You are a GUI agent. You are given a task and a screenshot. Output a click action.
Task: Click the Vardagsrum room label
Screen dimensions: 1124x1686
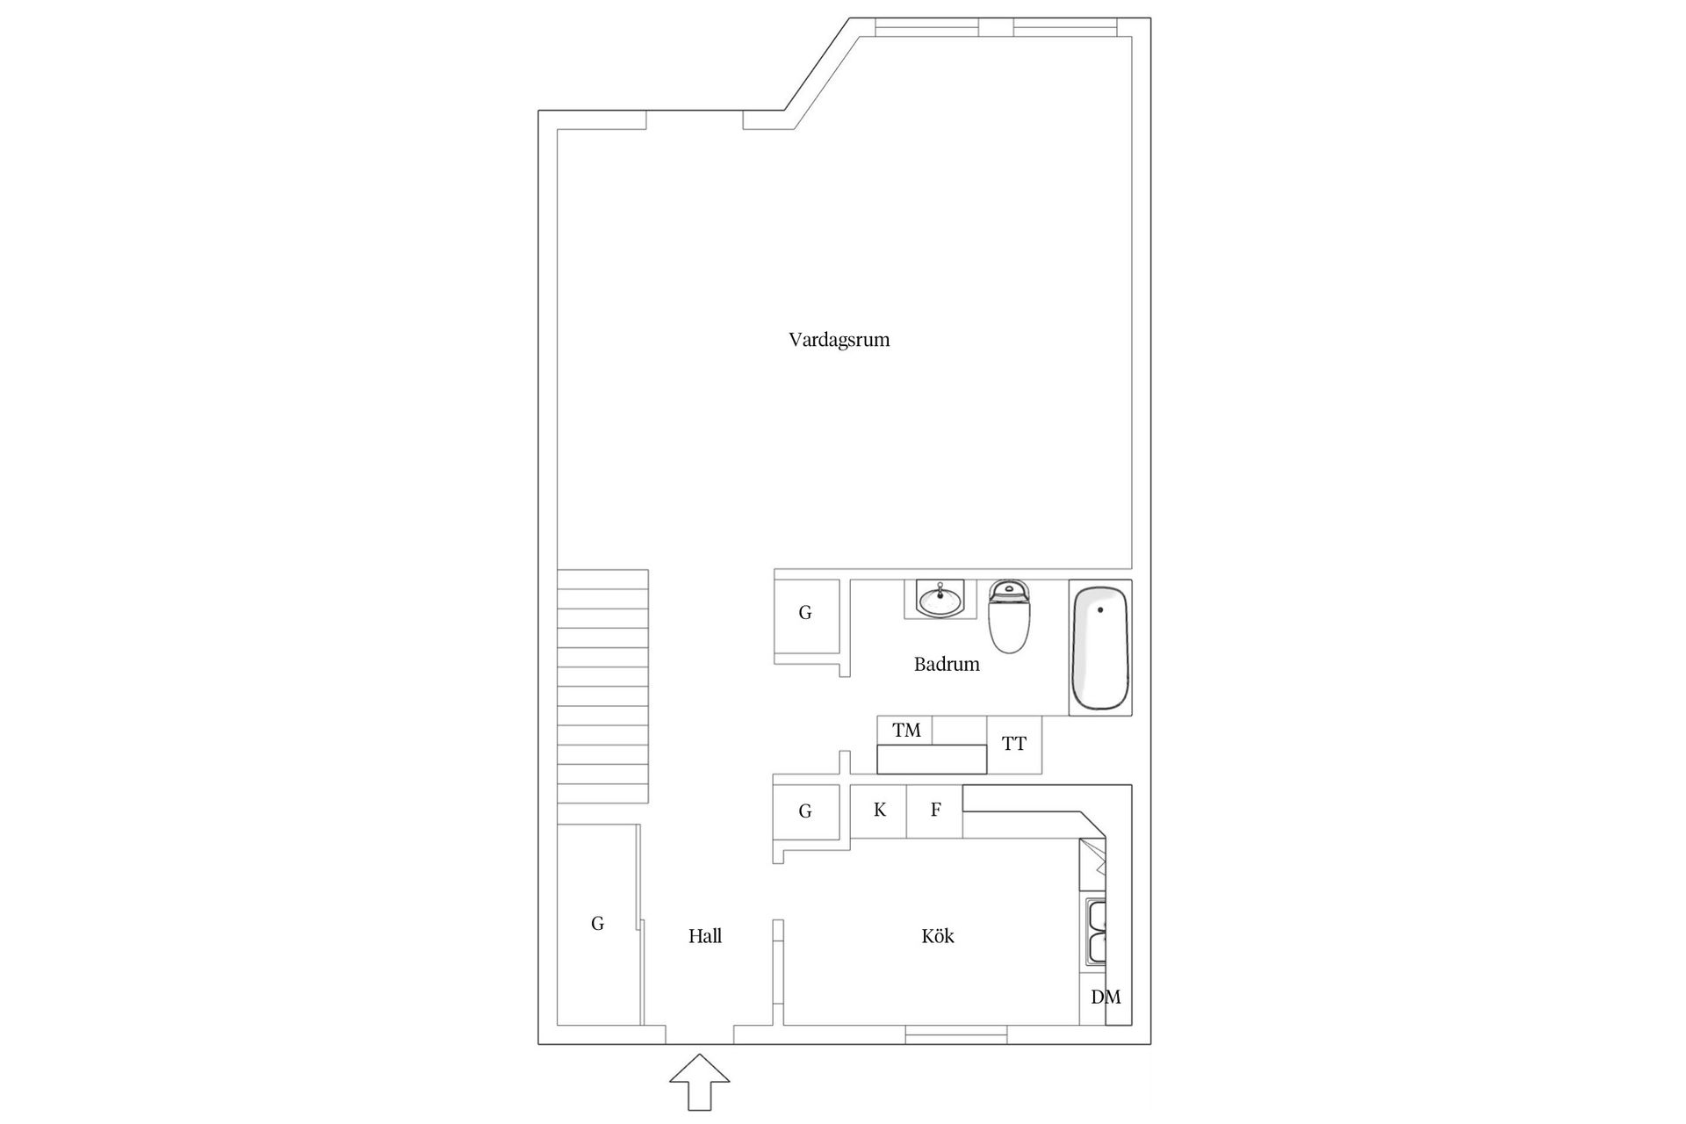[x=839, y=340]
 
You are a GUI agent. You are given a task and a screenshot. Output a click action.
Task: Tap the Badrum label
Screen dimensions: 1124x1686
[x=946, y=664]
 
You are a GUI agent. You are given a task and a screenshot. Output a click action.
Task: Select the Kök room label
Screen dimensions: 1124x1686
[x=937, y=936]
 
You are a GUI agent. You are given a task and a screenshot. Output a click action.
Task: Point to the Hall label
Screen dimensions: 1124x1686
[x=705, y=936]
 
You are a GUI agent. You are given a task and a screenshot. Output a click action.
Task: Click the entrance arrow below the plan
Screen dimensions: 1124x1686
[x=699, y=1081]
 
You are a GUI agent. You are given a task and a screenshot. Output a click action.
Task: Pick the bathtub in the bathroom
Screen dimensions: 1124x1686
[x=1099, y=648]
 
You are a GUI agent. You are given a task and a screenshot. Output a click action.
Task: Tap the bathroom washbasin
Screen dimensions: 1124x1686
[x=940, y=600]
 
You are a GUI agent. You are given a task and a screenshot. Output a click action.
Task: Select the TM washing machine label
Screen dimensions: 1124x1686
[x=906, y=730]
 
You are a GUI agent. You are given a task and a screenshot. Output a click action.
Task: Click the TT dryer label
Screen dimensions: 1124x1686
[x=1013, y=745]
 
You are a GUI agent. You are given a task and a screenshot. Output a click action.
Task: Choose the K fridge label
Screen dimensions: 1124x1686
[x=879, y=811]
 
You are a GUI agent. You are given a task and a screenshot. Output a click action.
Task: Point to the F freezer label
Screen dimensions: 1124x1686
[x=935, y=811]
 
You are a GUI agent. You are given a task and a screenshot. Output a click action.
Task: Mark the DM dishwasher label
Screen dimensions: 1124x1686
[x=1105, y=997]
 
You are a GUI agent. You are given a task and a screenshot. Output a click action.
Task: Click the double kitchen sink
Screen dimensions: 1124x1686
[x=1097, y=932]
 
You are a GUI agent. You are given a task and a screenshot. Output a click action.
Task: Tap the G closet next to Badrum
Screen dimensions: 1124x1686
[x=805, y=613]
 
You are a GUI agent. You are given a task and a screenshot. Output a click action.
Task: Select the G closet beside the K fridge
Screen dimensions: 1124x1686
[x=805, y=811]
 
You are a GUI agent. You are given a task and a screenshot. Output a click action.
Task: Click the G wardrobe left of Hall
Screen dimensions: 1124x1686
[x=597, y=923]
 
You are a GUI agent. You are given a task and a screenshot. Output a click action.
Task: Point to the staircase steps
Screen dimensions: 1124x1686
[x=602, y=685]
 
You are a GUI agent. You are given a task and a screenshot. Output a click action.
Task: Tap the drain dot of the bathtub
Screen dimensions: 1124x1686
[x=1100, y=609]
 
